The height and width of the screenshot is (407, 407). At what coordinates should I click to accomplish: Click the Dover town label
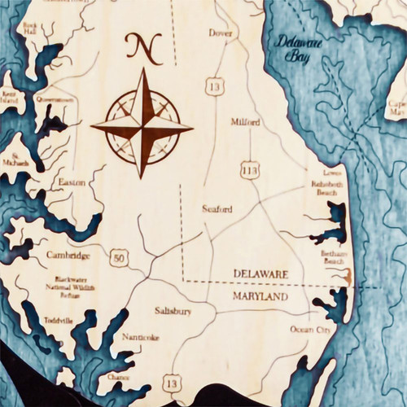point(221,33)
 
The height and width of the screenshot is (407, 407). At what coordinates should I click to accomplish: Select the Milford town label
point(245,122)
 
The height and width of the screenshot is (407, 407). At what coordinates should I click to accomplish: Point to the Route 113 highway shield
point(250,169)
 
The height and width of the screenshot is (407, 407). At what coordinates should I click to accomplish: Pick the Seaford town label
point(217,209)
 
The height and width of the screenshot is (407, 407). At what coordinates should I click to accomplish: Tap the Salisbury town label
point(173,310)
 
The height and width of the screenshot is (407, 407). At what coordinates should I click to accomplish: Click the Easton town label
point(72,182)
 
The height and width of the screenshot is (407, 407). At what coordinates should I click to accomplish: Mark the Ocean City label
point(311,330)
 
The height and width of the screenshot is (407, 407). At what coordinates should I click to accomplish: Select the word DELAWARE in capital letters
point(260,274)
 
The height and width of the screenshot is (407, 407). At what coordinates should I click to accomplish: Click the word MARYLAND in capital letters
point(260,298)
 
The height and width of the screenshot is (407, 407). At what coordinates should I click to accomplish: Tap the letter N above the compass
point(142,49)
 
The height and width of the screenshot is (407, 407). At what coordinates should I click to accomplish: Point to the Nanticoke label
point(140,337)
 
